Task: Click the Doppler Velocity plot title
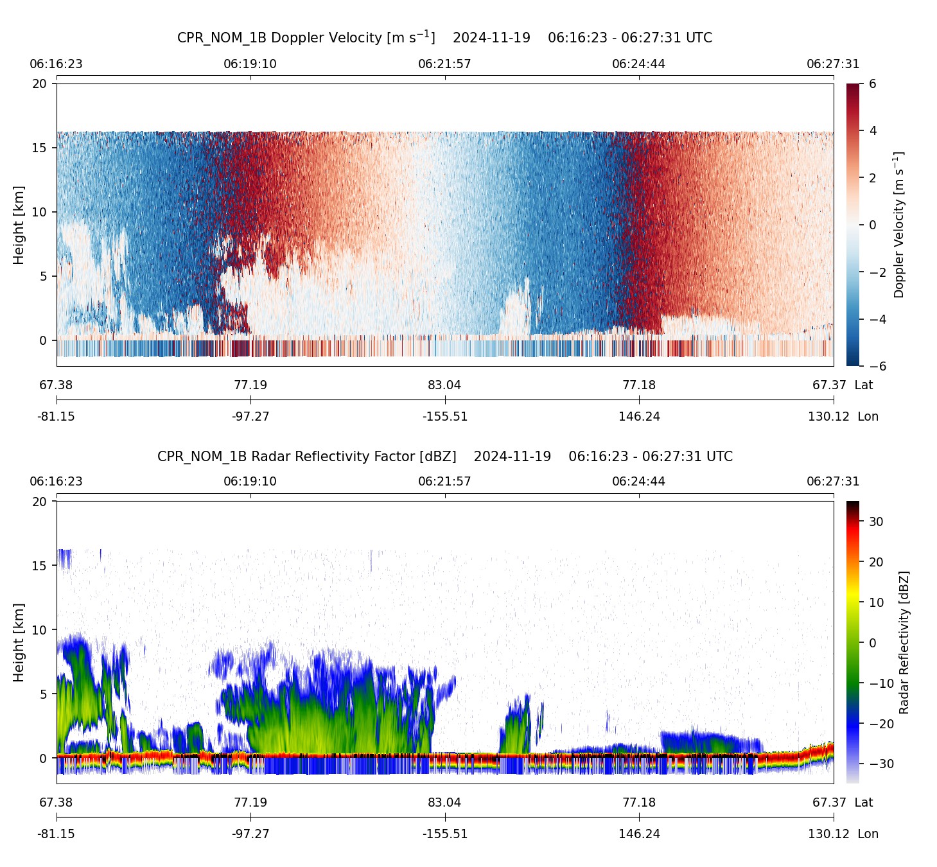click(444, 37)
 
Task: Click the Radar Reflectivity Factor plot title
click(444, 457)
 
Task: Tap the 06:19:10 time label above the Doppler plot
click(250, 64)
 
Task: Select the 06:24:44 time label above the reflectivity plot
click(638, 482)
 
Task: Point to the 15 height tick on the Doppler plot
click(40, 148)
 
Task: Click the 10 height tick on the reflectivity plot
click(40, 630)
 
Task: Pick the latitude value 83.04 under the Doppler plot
click(444, 385)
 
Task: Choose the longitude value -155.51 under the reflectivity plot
click(444, 834)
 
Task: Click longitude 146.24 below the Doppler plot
click(639, 417)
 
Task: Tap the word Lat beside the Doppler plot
click(864, 385)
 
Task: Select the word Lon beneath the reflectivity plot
click(868, 834)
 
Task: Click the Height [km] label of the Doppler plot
click(19, 225)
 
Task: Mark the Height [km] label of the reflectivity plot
click(19, 642)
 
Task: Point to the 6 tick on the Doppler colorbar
click(872, 84)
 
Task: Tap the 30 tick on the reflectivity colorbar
click(876, 521)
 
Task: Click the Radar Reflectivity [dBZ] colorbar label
click(904, 642)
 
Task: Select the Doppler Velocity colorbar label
click(899, 225)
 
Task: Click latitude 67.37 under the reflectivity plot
click(829, 803)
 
